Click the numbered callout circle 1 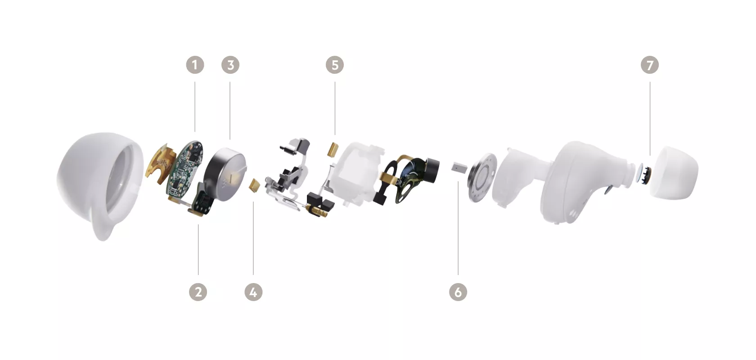click(x=195, y=65)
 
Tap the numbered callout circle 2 click(x=198, y=292)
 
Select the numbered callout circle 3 click(x=230, y=65)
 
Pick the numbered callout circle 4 click(x=253, y=292)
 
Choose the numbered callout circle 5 click(x=335, y=65)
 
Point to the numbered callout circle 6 click(x=458, y=292)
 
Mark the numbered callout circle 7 click(x=650, y=65)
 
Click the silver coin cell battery click(x=225, y=175)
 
